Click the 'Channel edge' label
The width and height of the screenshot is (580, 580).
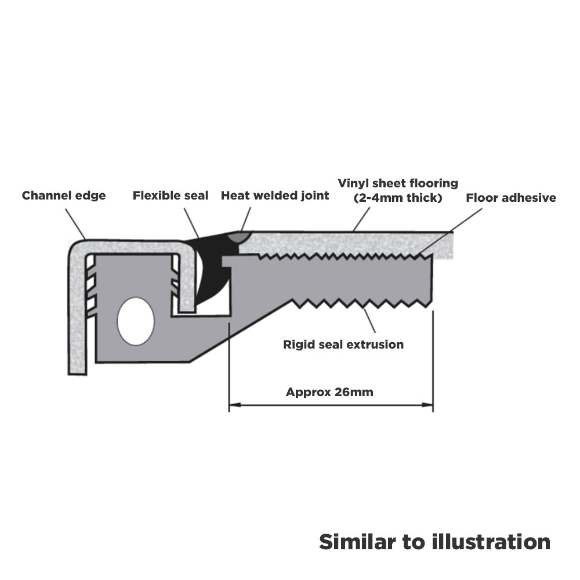pos(64,195)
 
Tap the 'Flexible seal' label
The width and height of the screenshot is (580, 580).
pos(171,195)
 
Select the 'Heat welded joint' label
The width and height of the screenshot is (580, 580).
pos(275,195)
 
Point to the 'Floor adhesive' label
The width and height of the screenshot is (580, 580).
pos(511,198)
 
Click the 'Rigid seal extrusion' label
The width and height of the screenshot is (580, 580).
pos(343,345)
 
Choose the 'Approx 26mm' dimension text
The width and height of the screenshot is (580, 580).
pos(329,392)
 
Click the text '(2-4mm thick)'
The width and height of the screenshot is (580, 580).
pos(398,198)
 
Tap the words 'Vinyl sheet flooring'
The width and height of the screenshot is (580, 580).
pos(398,183)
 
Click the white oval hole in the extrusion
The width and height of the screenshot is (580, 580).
pos(136,321)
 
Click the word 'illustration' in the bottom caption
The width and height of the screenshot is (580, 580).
pos(491,542)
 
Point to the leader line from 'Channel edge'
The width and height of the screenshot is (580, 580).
pos(75,223)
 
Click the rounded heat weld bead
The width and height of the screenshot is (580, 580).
pos(240,236)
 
